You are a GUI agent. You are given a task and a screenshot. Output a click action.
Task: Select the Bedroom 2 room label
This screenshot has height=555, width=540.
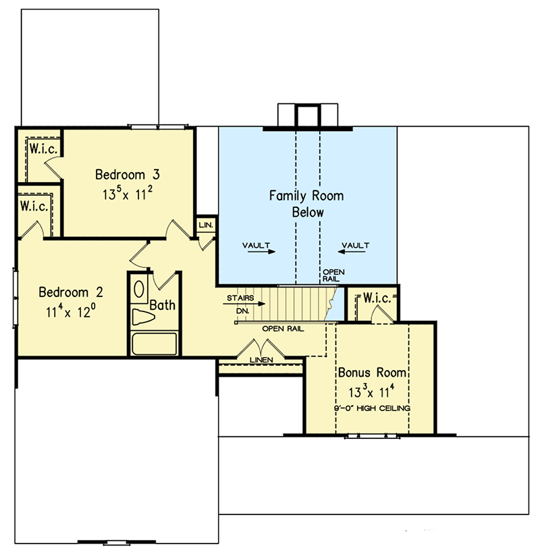pos(71,292)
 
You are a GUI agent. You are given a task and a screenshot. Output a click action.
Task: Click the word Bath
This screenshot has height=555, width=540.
pos(162,305)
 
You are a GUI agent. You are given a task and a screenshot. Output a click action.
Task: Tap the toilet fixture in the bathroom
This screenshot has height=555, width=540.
pos(144,317)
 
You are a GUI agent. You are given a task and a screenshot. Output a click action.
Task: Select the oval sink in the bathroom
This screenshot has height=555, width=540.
pos(140,290)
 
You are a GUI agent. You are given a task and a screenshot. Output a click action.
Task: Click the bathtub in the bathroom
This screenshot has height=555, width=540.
pos(154,343)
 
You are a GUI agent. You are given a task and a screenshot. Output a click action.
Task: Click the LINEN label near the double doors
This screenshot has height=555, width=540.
pos(261,360)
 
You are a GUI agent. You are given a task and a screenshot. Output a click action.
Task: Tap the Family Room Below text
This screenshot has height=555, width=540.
pos(306,204)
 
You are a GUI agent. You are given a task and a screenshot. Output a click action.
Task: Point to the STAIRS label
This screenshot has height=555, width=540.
pos(241,297)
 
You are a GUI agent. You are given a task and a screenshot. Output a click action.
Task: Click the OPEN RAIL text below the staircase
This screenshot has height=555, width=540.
pos(282,329)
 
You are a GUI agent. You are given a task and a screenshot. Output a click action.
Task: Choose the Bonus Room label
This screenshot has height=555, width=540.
pos(372,373)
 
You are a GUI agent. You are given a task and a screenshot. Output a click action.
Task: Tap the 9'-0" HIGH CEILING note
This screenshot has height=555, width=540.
pos(372,408)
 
